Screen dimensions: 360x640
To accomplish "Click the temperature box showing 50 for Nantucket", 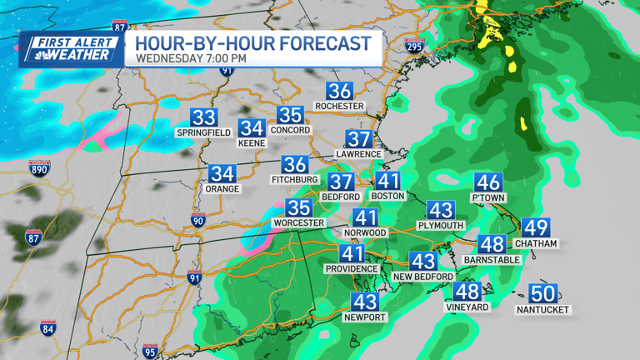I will point(543,294).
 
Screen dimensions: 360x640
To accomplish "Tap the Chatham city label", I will point(536,243).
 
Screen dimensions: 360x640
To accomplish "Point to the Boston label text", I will point(387,196).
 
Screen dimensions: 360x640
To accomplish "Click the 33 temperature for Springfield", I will point(203,118).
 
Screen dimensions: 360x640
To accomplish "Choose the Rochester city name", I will point(339,106).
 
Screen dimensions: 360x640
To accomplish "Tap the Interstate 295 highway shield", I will point(413,45).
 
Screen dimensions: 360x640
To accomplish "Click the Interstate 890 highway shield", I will point(39,168).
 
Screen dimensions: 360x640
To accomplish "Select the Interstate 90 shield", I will point(197,220).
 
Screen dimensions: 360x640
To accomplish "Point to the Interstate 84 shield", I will point(48,327).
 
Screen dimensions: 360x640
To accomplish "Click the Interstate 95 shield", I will point(150,351).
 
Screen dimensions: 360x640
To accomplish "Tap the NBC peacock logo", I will point(35,55).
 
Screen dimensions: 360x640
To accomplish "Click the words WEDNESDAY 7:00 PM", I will point(191,58).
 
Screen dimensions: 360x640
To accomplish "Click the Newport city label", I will point(365,317).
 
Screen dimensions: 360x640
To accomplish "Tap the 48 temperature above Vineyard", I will point(467,292).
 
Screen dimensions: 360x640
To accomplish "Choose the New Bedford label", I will point(423,276).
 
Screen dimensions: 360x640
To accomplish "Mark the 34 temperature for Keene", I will point(252,128).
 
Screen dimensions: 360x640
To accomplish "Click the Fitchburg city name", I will point(294,179).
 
